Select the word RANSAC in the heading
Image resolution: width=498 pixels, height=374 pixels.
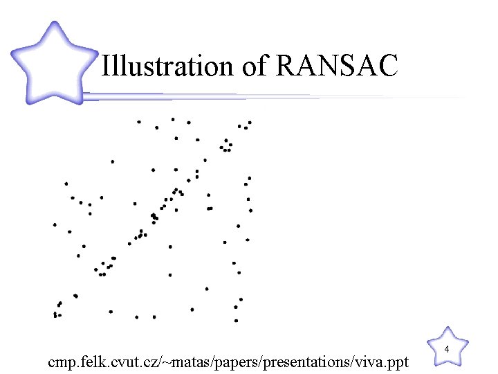click(338, 66)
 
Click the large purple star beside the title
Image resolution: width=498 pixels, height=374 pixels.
click(54, 64)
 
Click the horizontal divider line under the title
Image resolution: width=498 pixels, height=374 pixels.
click(277, 96)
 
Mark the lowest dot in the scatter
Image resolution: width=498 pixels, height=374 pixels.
click(236, 321)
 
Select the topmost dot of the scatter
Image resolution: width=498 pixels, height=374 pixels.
click(173, 119)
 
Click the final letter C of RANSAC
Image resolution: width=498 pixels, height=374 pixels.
click(388, 66)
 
